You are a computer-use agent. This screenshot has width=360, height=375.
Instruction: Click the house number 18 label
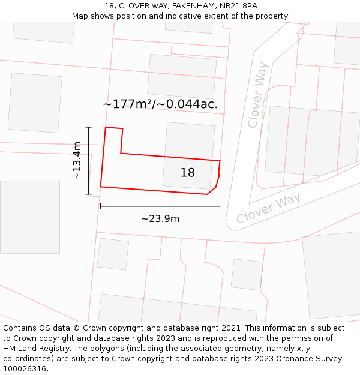[x=187, y=173]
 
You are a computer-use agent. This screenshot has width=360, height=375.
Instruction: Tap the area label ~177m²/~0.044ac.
[x=160, y=104]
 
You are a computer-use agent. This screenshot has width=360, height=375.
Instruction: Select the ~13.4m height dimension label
[x=77, y=160]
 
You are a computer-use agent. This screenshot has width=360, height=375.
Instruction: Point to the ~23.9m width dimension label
[x=160, y=219]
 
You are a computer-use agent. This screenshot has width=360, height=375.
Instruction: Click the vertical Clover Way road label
[x=257, y=103]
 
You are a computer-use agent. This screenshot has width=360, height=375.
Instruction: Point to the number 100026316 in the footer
[x=25, y=369]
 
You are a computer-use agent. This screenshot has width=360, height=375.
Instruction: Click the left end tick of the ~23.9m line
[x=100, y=206]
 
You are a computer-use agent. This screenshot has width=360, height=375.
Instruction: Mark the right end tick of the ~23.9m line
[x=220, y=206]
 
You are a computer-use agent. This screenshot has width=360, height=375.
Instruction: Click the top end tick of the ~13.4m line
[x=89, y=127]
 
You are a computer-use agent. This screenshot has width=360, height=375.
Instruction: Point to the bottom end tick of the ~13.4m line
[x=89, y=194]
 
